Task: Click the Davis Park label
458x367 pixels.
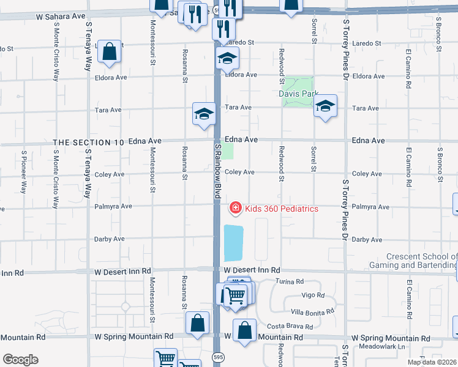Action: [x=298, y=94]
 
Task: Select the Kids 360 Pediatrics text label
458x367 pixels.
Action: [x=282, y=209]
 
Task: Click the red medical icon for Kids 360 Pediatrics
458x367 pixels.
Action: [x=235, y=209]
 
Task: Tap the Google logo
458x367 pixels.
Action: [x=20, y=360]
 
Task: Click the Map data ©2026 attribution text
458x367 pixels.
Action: [x=432, y=362]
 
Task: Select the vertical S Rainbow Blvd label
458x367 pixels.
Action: [x=217, y=171]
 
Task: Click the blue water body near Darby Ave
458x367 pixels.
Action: [x=233, y=243]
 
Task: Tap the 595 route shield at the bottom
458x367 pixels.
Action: [x=218, y=357]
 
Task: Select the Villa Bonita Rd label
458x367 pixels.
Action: [x=312, y=311]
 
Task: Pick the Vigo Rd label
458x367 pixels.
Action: [x=313, y=295]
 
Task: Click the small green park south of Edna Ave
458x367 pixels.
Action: [x=227, y=150]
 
